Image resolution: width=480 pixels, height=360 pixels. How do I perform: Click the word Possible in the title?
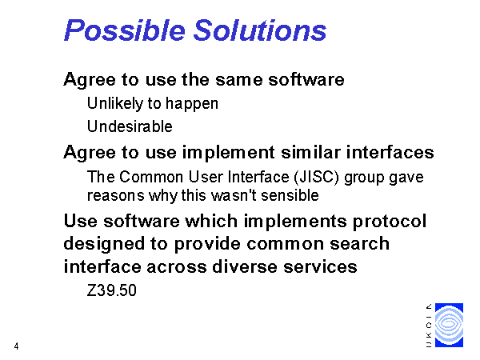125,30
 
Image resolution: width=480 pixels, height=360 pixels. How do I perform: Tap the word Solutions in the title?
260,30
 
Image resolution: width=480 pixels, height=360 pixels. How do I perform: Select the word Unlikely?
115,103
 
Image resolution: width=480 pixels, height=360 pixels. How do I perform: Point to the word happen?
192,104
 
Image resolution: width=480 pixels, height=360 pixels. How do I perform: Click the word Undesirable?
130,126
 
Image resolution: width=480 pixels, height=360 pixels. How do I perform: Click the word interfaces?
390,152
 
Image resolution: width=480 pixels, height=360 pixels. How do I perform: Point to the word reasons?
116,196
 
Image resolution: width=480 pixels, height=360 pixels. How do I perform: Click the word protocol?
390,222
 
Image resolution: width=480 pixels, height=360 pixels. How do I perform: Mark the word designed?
104,244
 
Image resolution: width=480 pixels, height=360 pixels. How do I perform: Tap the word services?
320,266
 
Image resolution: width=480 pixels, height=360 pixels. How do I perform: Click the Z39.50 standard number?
112,290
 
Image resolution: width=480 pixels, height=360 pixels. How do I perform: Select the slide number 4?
16,346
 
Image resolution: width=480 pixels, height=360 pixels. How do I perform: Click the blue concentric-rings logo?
449,325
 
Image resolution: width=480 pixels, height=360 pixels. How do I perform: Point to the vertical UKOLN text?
429,326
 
